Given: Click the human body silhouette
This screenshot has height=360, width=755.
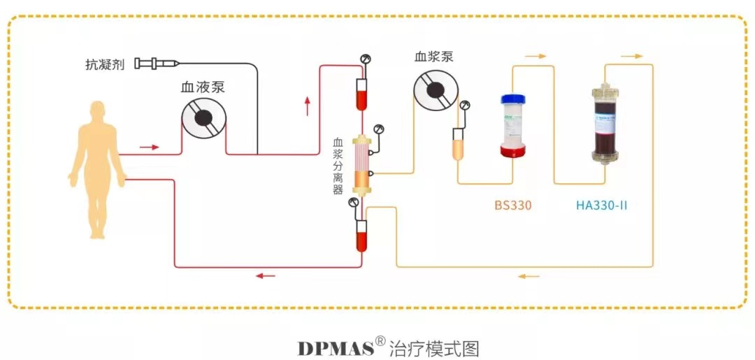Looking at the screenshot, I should pos(97,168).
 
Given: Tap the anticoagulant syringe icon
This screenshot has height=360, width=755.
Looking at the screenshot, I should pos(155,64).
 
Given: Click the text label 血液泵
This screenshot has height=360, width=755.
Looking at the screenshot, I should pos(203,88).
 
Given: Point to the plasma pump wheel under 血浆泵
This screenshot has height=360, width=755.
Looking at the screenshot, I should pos(434,91).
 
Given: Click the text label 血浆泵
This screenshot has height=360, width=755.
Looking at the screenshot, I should pos(433,57).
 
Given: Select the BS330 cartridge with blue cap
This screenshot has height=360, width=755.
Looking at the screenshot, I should pos(514,124).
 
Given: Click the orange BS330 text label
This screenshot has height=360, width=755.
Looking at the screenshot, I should pos(512,206).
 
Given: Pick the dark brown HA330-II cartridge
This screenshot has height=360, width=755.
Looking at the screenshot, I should pos(604,124).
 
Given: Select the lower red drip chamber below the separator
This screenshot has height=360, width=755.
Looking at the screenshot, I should pos(361,236).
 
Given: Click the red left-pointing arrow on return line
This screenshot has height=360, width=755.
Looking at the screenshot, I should pos(265,275).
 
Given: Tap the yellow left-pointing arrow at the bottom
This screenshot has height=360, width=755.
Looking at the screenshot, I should pos(528,276).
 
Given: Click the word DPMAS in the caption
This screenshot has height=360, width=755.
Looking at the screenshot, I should pos(335,347).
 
